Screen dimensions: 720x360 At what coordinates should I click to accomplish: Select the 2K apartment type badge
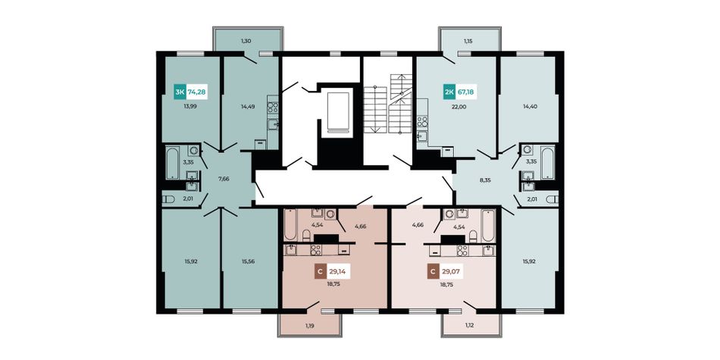coord(449,92)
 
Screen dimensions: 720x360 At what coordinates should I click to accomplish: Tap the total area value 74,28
coord(196,92)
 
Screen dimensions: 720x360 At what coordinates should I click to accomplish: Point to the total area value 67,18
coord(465,92)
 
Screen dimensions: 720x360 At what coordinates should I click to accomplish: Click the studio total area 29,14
coord(338,272)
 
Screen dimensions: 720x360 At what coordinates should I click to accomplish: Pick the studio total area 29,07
coord(451,272)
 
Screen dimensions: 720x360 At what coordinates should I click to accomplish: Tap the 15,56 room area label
coord(249,261)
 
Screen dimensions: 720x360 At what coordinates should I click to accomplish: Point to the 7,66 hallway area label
coord(224,179)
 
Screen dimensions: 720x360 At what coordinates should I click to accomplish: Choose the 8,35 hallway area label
coord(485,180)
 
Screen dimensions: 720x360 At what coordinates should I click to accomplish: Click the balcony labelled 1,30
coord(247,40)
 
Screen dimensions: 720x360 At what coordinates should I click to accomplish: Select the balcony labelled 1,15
coord(468,40)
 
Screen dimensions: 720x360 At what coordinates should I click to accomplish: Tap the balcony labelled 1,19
coord(310,325)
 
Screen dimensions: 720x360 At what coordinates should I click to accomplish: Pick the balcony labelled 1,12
coord(470,325)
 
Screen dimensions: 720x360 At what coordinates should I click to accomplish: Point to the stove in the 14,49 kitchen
coord(273,108)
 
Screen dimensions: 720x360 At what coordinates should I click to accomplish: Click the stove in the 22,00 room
coord(422,121)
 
